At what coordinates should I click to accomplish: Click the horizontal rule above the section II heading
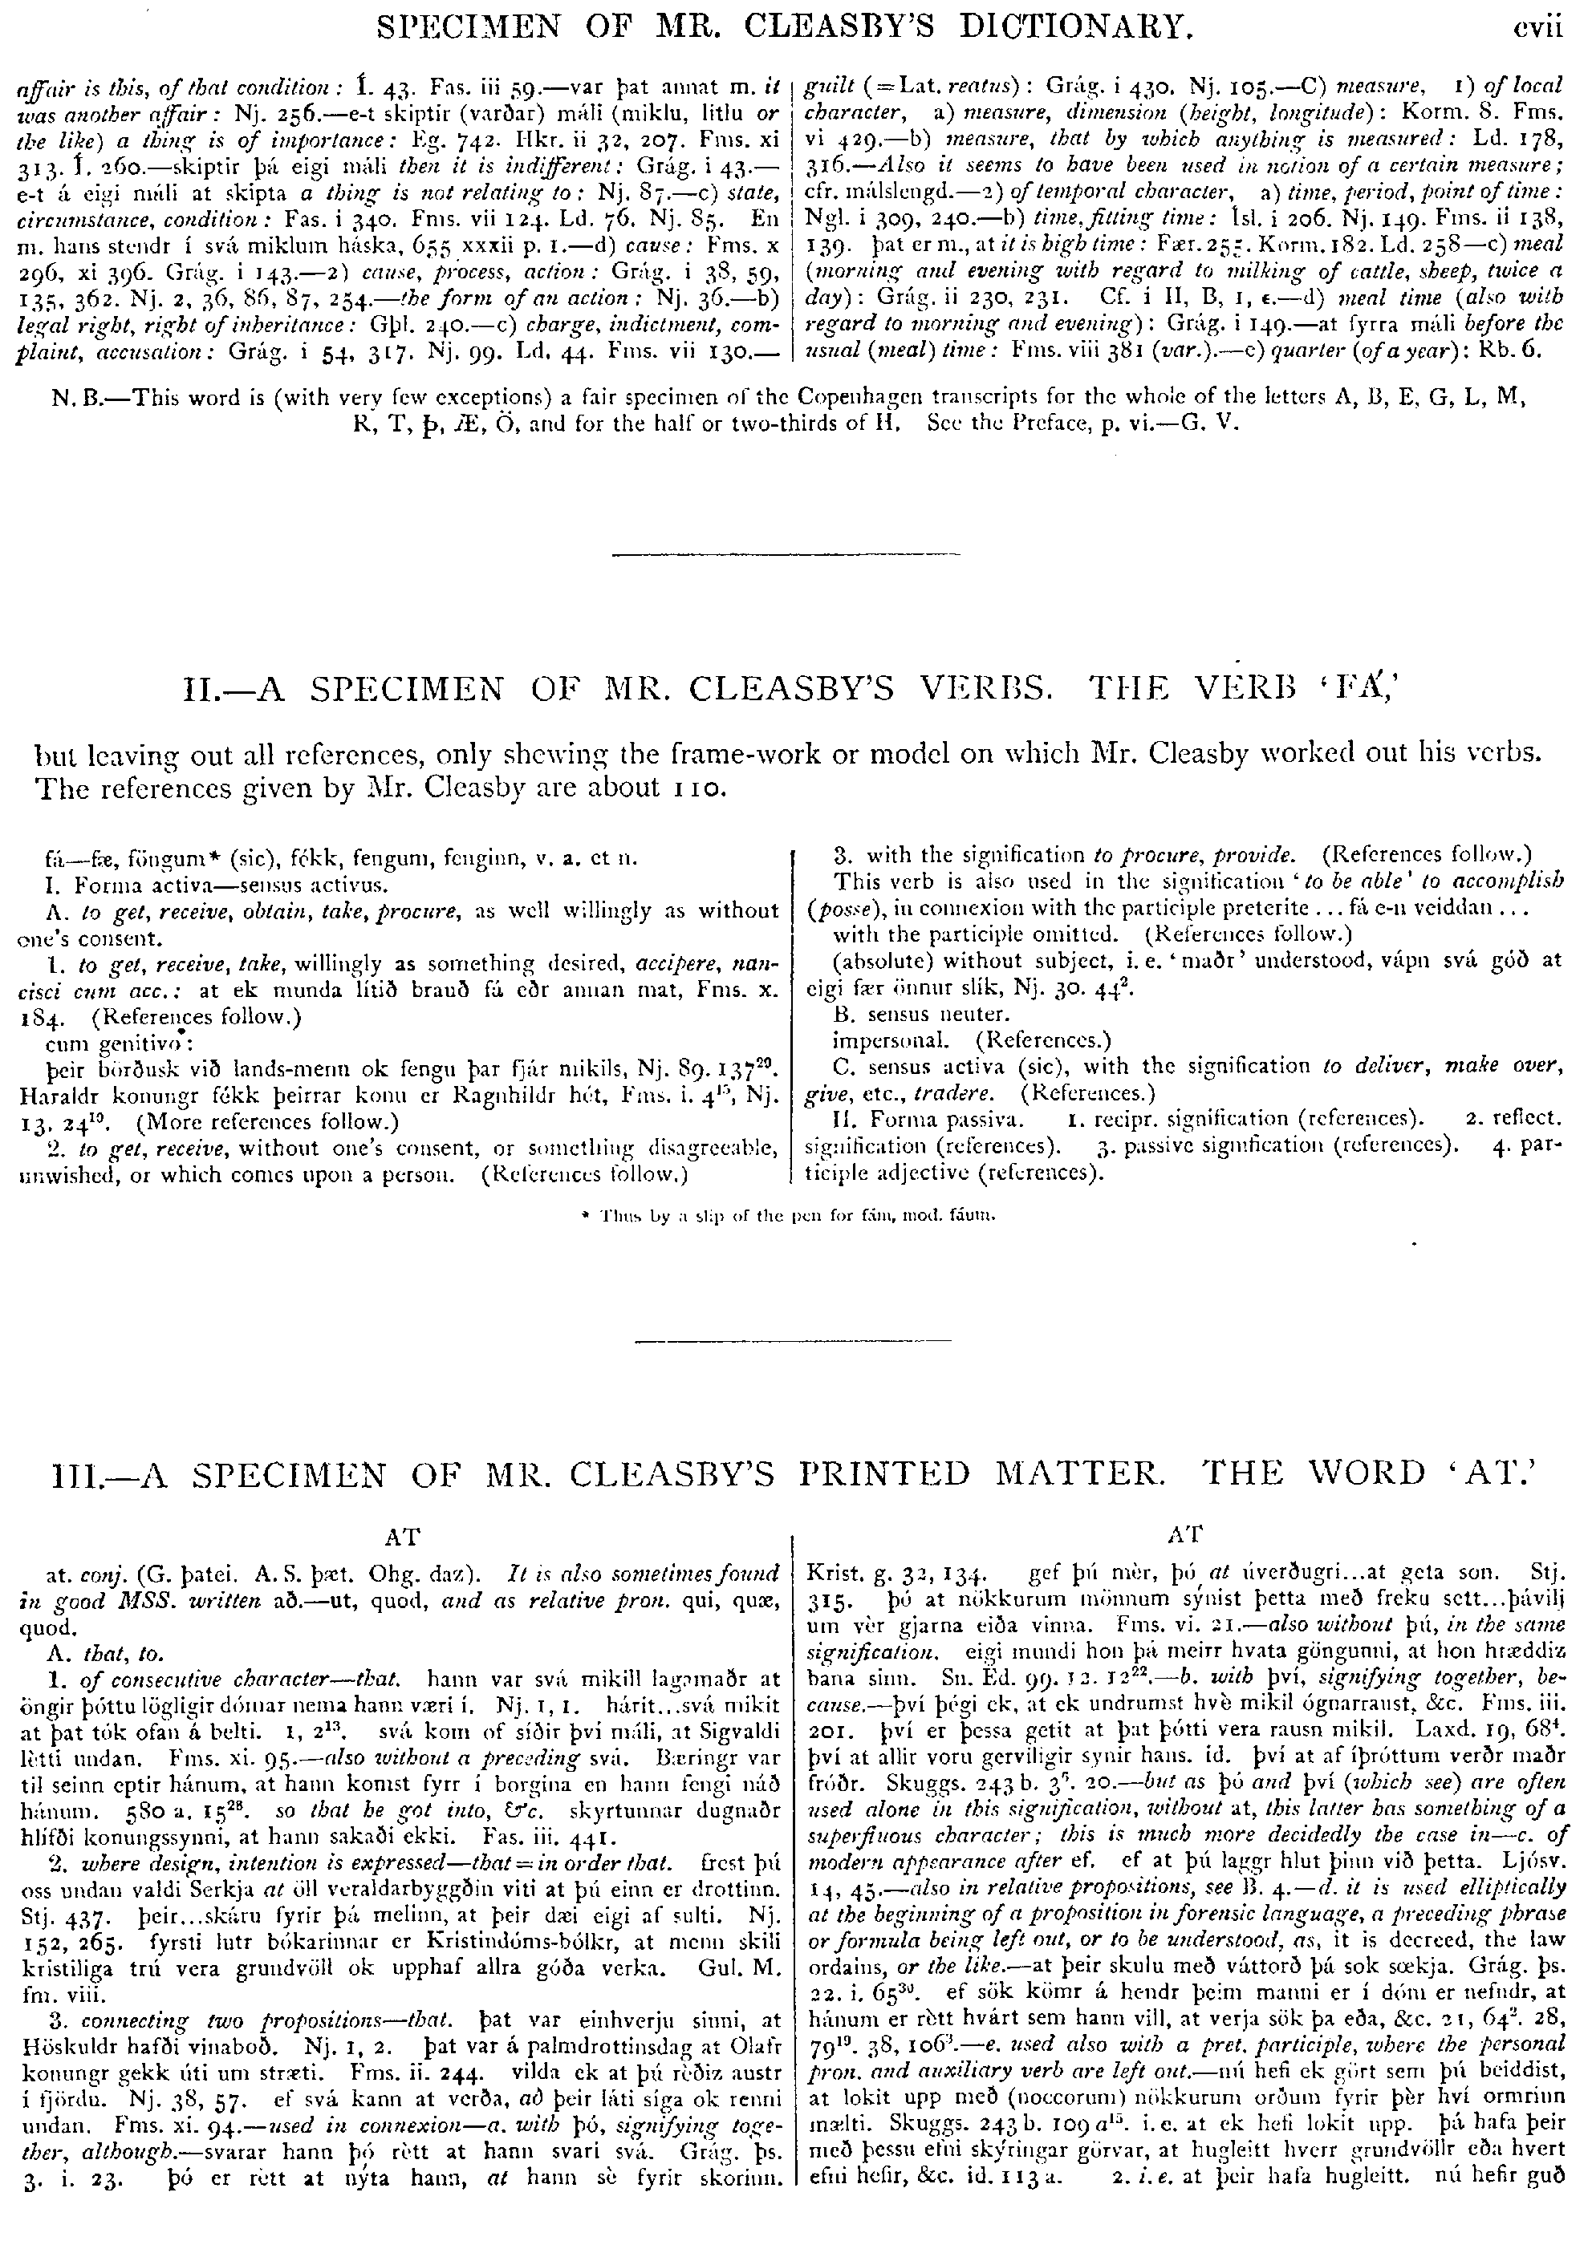tap(785, 555)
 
